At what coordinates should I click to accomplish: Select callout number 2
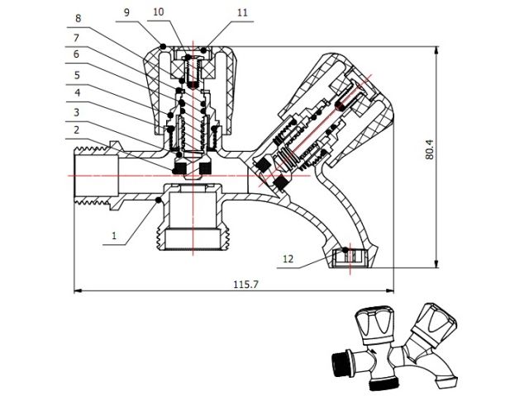(x=76, y=130)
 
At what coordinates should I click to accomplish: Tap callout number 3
(x=76, y=112)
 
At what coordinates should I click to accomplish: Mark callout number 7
(x=76, y=38)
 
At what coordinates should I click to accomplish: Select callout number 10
(x=158, y=12)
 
